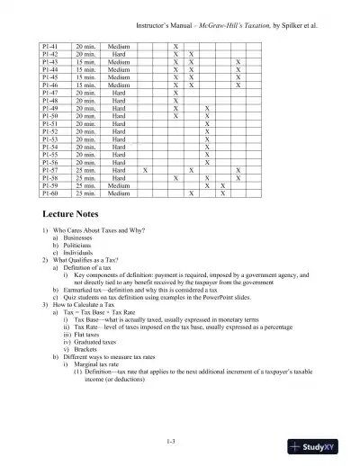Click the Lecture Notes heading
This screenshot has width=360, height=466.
point(76,216)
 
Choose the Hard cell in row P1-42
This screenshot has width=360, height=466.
point(117,52)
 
